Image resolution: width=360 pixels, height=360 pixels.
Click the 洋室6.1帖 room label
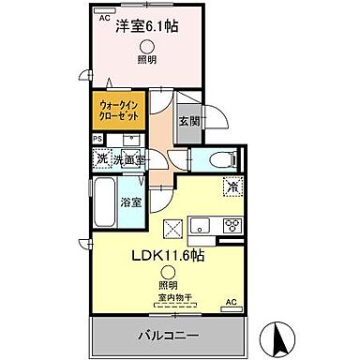[x=148, y=27]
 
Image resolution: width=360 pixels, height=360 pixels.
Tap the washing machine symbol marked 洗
[x=101, y=158]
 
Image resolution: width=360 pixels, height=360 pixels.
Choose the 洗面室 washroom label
[x=129, y=160]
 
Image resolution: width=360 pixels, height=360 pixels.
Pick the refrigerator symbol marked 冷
[x=230, y=186]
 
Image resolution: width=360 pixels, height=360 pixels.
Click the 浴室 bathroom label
[x=130, y=202]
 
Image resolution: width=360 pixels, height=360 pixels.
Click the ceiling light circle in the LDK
[x=166, y=273]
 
